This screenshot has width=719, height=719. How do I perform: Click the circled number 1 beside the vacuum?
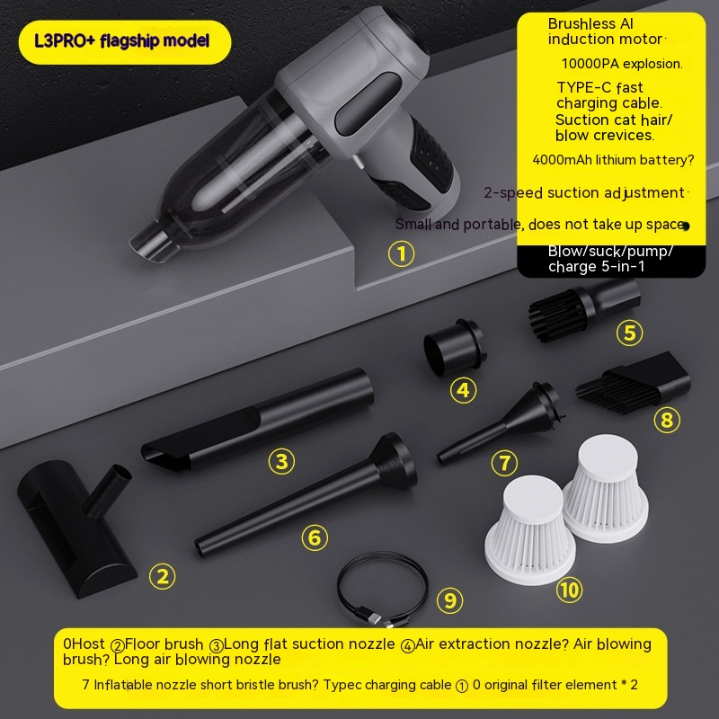(x=401, y=253)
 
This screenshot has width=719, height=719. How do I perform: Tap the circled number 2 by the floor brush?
(x=163, y=576)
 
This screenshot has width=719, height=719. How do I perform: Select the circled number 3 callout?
(x=281, y=461)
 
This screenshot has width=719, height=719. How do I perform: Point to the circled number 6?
(x=315, y=537)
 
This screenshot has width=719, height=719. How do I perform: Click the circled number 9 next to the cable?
(x=450, y=600)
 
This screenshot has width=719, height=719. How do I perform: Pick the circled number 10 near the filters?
(x=570, y=590)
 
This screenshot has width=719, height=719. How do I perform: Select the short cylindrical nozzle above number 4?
(x=454, y=347)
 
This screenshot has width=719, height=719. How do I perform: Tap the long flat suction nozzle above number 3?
(x=257, y=420)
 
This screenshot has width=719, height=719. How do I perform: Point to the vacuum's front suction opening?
(x=149, y=242)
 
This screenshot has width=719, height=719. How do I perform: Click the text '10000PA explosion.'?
(x=622, y=64)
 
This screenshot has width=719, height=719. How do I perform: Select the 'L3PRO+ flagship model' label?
(x=122, y=41)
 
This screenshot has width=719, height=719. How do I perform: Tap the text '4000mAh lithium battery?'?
(x=613, y=160)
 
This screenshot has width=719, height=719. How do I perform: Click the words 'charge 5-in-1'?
(x=596, y=267)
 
